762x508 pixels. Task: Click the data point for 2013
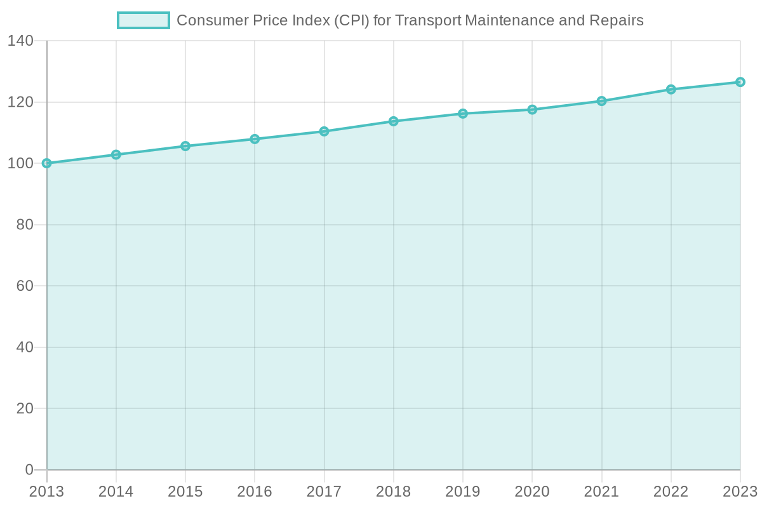tap(46, 163)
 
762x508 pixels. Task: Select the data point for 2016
tap(255, 139)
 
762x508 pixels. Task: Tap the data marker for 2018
tap(393, 121)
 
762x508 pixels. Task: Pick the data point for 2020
tap(532, 109)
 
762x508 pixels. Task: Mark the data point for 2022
tap(671, 89)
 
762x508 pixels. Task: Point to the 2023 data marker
tap(740, 82)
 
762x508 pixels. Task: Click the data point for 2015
tap(185, 146)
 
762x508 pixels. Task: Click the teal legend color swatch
tap(143, 20)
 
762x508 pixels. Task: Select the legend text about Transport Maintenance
tap(410, 20)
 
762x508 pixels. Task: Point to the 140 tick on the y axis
tap(21, 41)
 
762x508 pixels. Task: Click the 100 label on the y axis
tap(21, 164)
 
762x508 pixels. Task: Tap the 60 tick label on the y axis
tap(25, 286)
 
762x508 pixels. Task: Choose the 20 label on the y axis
tap(25, 409)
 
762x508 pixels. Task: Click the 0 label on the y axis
tap(29, 470)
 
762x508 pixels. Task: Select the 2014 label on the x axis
tap(116, 492)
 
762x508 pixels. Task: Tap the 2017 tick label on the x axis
tap(324, 492)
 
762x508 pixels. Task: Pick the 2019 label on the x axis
tap(463, 492)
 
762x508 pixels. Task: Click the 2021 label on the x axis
tap(601, 492)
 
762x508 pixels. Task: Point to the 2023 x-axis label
tap(739, 492)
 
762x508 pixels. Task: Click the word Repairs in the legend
tap(620, 21)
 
